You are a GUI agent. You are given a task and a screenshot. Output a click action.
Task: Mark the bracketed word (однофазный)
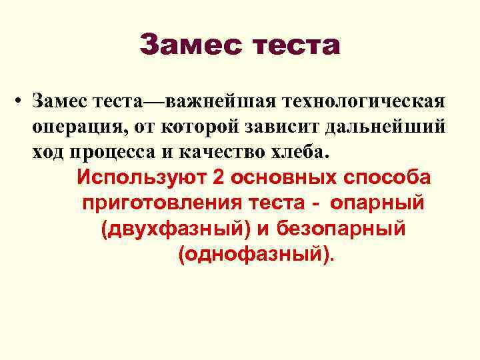253,255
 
